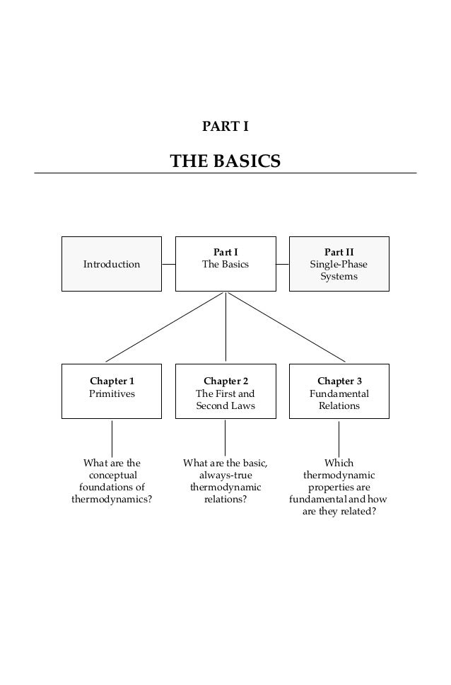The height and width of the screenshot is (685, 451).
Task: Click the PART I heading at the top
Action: pyautogui.click(x=225, y=127)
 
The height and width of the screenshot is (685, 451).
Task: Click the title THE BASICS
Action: pyautogui.click(x=225, y=162)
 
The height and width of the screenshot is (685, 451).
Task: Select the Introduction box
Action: pyautogui.click(x=112, y=264)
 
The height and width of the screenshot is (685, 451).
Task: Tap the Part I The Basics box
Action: pyautogui.click(x=225, y=264)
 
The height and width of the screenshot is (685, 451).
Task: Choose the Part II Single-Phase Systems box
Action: pyautogui.click(x=339, y=264)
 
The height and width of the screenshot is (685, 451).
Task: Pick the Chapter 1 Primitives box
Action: pyautogui.click(x=112, y=391)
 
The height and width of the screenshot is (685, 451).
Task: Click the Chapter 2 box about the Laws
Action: pyautogui.click(x=225, y=391)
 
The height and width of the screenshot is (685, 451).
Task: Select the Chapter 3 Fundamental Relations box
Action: pyautogui.click(x=339, y=391)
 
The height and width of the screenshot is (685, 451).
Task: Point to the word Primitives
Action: pyautogui.click(x=112, y=393)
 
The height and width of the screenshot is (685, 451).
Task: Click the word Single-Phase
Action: pyautogui.click(x=339, y=265)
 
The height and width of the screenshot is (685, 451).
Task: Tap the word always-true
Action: pyautogui.click(x=225, y=476)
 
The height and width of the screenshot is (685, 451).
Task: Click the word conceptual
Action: pyautogui.click(x=112, y=476)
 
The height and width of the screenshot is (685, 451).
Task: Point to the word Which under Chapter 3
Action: pyautogui.click(x=339, y=464)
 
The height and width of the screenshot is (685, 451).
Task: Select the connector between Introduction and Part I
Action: pyautogui.click(x=168, y=264)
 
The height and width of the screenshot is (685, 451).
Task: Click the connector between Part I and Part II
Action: pyautogui.click(x=282, y=264)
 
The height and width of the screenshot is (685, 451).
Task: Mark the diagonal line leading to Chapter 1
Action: pyautogui.click(x=166, y=327)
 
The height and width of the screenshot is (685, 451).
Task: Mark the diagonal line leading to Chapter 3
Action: pyautogui.click(x=286, y=327)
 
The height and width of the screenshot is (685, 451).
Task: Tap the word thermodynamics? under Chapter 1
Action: pyautogui.click(x=112, y=500)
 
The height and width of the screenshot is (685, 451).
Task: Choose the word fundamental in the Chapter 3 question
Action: pyautogui.click(x=319, y=500)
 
